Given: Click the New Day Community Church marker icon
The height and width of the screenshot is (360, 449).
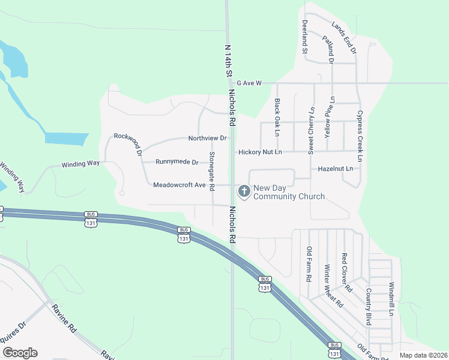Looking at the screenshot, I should pyautogui.click(x=244, y=191).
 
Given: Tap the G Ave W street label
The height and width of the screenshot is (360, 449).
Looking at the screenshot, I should pyautogui.click(x=250, y=83).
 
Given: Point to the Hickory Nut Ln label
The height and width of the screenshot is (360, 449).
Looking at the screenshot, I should pyautogui.click(x=260, y=152).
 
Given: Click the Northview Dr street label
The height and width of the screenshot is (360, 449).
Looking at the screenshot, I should pyautogui.click(x=207, y=138).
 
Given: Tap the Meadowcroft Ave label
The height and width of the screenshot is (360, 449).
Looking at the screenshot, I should pyautogui.click(x=179, y=185).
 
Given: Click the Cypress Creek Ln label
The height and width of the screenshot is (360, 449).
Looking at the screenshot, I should pyautogui.click(x=360, y=136).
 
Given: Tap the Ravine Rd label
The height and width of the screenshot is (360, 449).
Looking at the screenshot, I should pyautogui.click(x=64, y=320).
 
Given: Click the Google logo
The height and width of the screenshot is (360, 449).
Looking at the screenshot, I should pyautogui.click(x=19, y=353).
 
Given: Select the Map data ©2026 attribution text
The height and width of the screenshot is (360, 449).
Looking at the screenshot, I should pyautogui.click(x=423, y=355).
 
